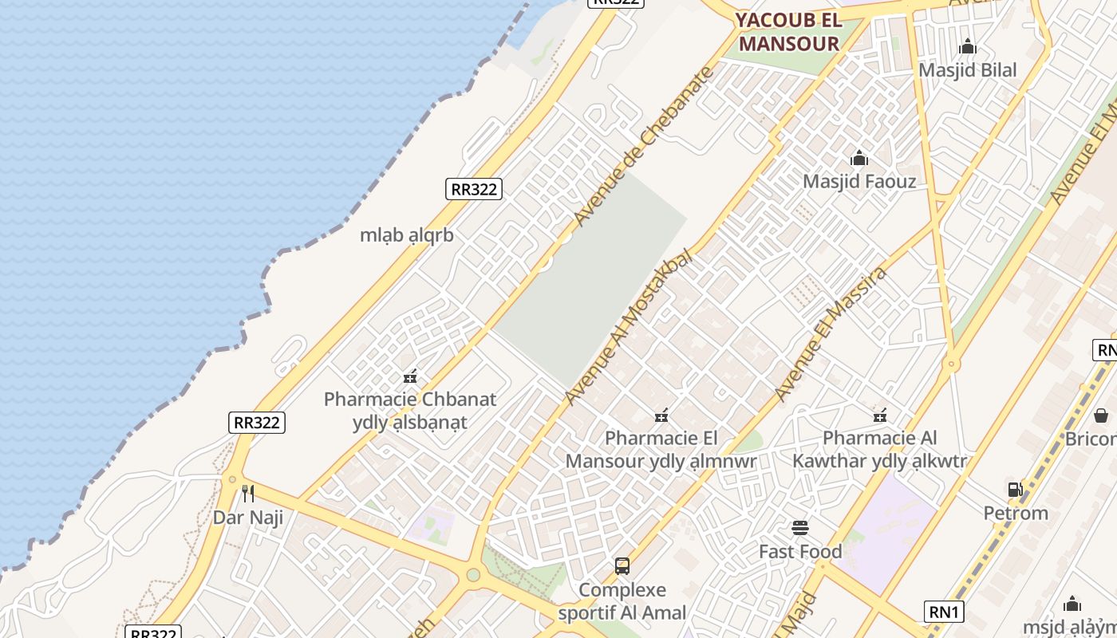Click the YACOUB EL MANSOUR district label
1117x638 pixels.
click(788, 32)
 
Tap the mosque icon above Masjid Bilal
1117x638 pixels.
click(968, 47)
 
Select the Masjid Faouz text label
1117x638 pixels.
click(859, 181)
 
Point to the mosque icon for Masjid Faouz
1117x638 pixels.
click(859, 158)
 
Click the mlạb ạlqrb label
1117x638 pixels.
click(407, 235)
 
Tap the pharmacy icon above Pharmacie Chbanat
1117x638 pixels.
click(410, 376)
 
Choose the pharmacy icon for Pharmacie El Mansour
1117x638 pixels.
click(661, 415)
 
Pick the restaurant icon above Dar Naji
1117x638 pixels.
click(249, 494)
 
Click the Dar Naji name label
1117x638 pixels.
click(248, 518)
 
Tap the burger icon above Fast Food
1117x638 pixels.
click(800, 528)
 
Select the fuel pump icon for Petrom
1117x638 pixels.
click(1015, 490)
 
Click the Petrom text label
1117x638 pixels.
click(1016, 513)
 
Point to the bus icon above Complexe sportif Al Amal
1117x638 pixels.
click(622, 566)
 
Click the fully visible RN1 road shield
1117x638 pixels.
click(944, 612)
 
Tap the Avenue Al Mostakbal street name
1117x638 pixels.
click(628, 328)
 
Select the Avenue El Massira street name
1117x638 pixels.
click(831, 335)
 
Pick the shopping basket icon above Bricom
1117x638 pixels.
click(1101, 415)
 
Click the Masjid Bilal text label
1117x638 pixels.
click(968, 70)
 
